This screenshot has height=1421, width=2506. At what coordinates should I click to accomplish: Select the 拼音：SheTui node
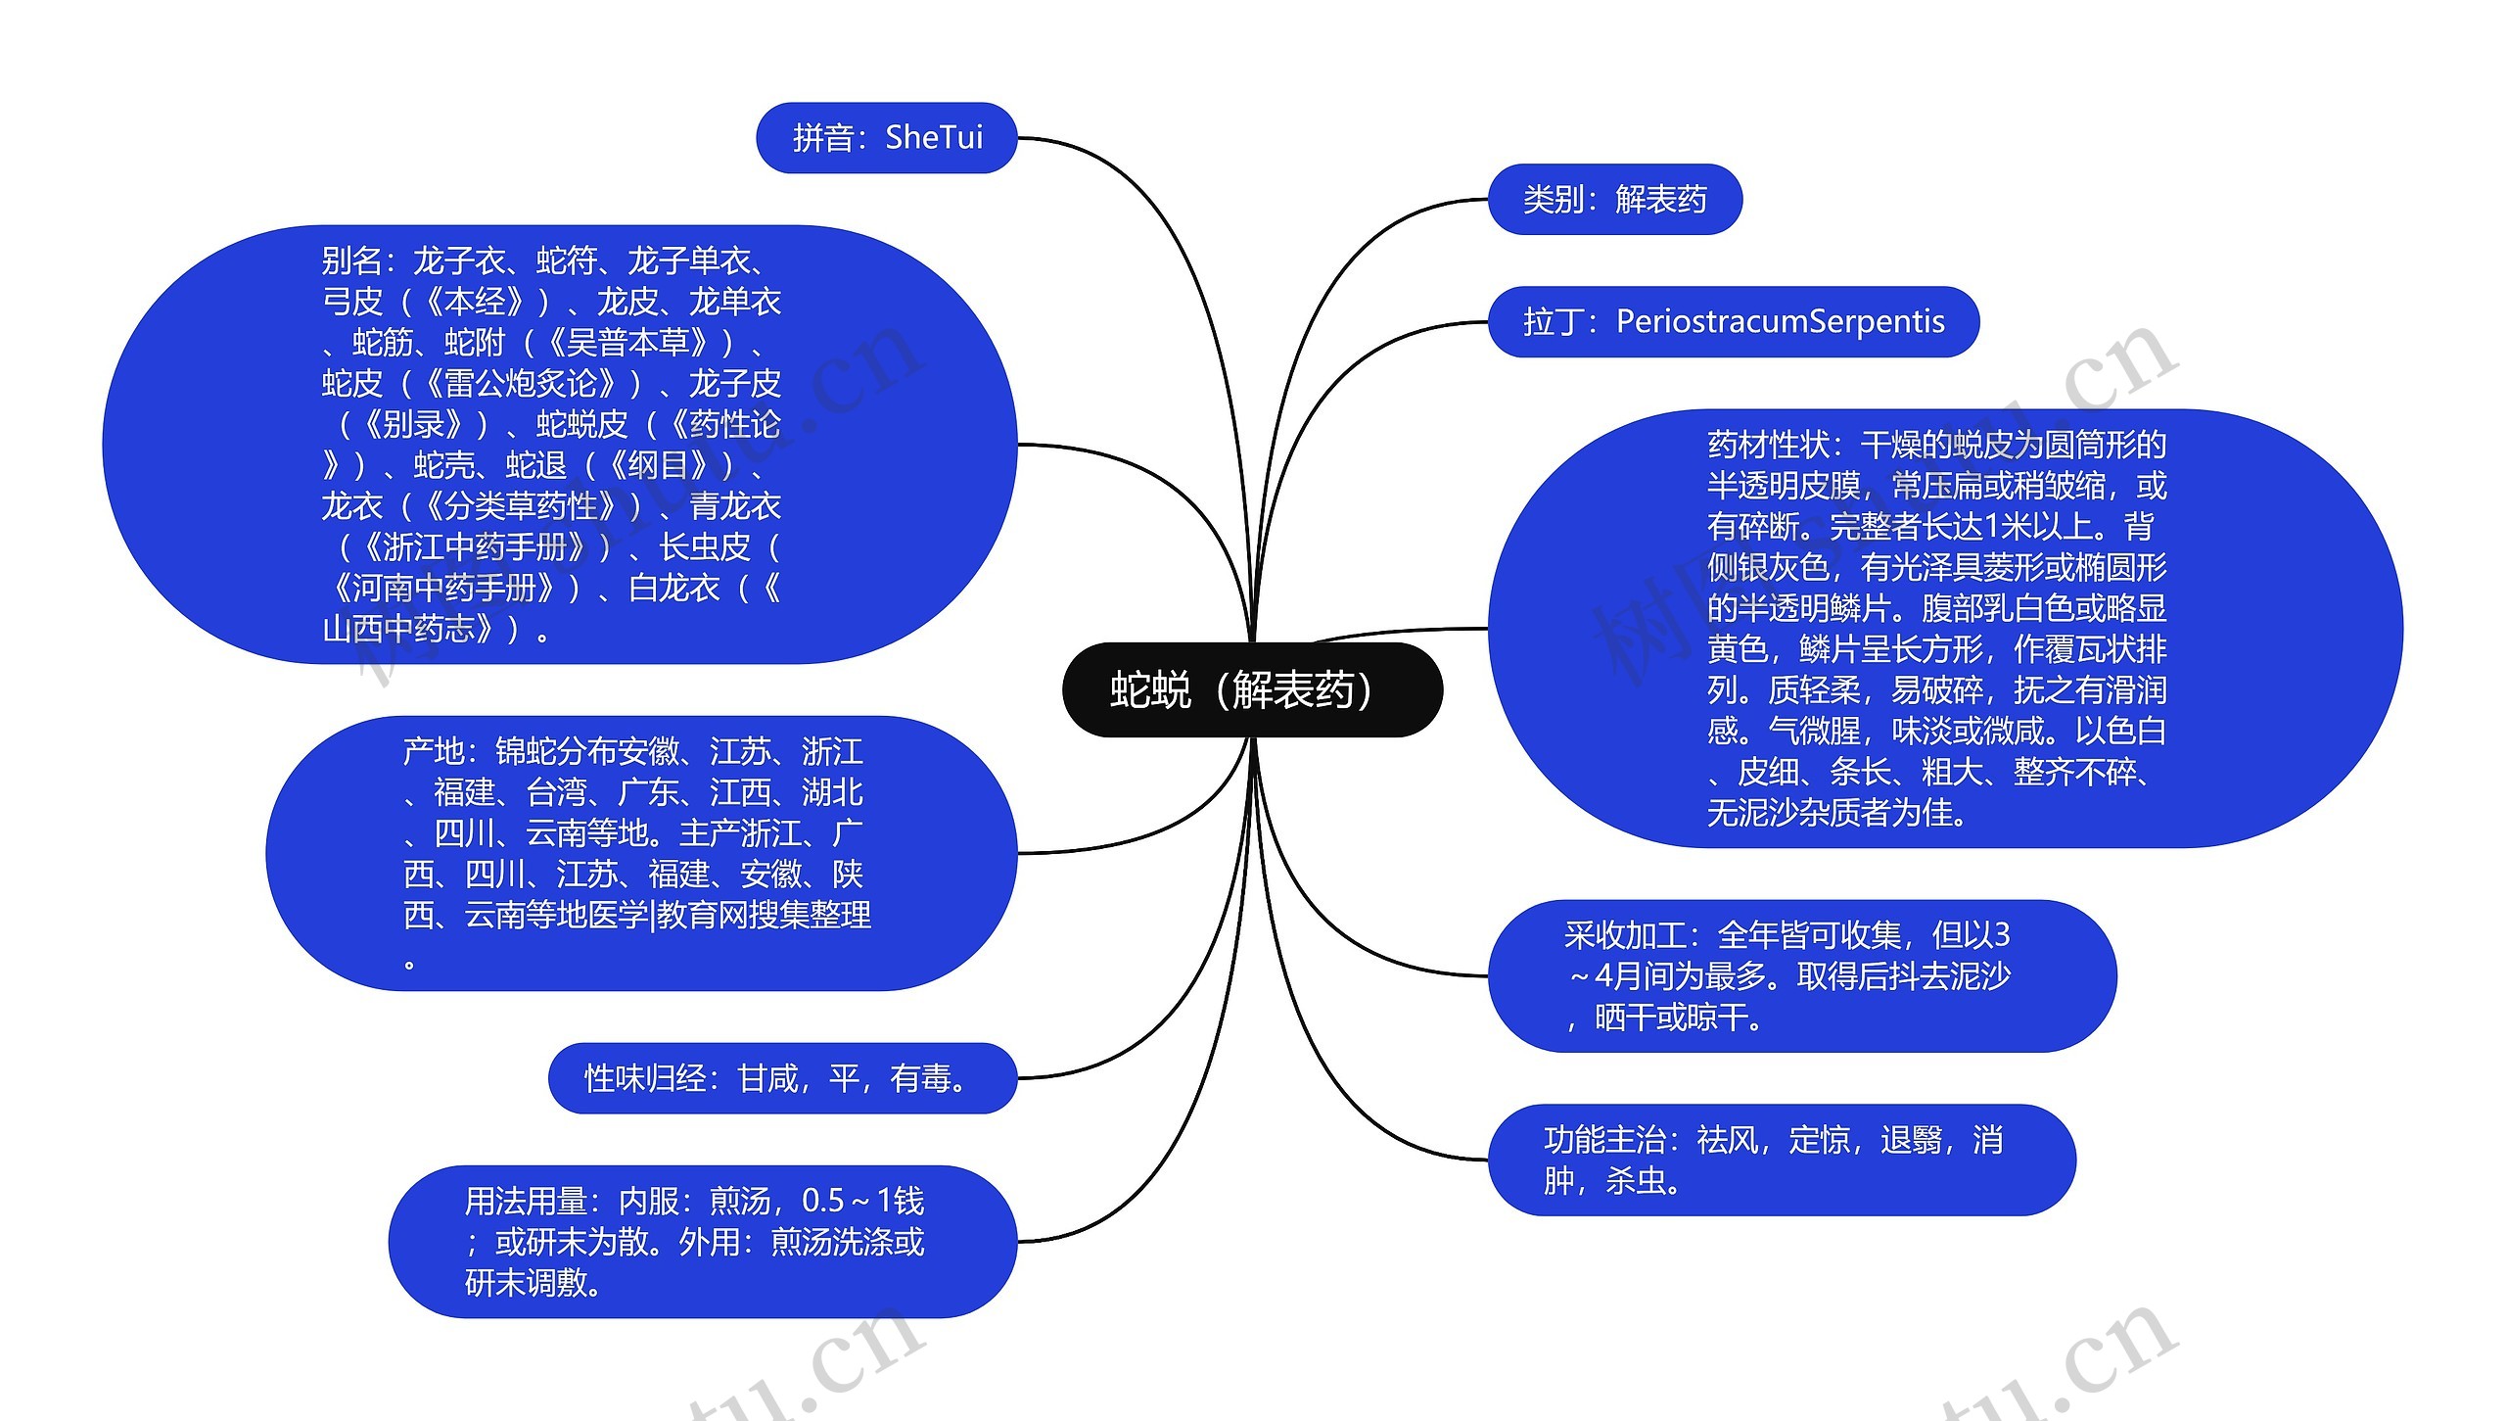887,138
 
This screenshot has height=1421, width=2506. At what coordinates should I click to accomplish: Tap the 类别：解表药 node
1614,200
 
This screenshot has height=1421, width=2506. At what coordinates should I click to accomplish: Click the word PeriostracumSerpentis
1780,322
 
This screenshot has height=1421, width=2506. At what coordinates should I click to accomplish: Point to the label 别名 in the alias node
351,261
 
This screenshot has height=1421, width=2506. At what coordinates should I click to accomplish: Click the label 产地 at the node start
433,752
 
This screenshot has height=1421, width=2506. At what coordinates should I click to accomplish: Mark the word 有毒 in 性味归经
920,1078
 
